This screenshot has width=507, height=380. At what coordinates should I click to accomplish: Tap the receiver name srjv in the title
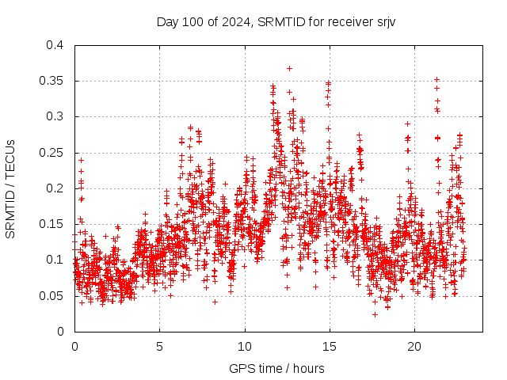tap(384, 21)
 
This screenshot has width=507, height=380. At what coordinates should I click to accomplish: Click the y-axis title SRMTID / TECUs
tap(10, 189)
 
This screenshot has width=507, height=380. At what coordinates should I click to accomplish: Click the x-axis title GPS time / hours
tap(276, 368)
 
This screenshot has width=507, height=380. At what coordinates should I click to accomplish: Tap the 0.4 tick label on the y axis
tap(54, 45)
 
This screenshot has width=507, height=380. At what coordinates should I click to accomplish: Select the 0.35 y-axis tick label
tap(51, 81)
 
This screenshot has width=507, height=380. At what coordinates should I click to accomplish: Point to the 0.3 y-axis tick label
tap(54, 116)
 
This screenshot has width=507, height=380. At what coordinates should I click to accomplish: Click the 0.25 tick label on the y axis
tap(51, 153)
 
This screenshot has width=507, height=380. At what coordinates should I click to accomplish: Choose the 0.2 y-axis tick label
tap(54, 188)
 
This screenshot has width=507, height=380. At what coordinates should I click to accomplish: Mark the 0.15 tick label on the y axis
tap(51, 224)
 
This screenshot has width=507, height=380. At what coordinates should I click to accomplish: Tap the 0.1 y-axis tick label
tap(54, 260)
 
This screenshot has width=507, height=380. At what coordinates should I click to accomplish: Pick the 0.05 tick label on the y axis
tap(51, 296)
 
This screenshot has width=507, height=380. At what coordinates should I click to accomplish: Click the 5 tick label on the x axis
tap(159, 347)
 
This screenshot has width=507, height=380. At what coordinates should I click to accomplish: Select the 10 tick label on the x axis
tap(244, 347)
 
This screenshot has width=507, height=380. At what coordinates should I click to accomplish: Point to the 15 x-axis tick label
tap(329, 347)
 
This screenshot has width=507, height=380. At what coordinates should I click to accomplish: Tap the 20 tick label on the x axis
tap(414, 347)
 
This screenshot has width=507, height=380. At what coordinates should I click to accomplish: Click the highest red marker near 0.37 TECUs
tap(289, 68)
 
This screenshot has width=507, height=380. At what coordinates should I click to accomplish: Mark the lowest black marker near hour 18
tap(375, 314)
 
